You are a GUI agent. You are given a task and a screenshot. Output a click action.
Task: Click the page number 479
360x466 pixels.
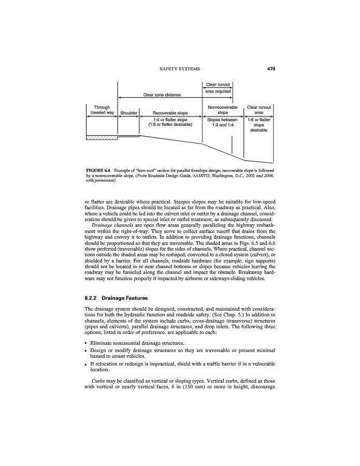coord(270,68)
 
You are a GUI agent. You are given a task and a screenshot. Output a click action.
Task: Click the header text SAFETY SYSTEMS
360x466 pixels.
coord(179,68)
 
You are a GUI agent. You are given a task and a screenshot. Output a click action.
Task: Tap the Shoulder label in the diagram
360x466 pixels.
coord(128,112)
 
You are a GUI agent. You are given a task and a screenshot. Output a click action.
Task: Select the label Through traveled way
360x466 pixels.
coord(102,109)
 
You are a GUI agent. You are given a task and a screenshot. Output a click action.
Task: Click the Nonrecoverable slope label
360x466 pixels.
coord(222,109)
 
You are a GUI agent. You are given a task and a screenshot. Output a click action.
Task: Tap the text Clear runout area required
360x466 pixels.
coord(218,88)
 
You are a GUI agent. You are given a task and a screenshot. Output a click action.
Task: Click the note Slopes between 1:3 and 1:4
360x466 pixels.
coord(222,122)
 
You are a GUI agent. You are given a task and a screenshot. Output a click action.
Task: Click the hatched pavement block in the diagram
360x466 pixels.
coord(101,137)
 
